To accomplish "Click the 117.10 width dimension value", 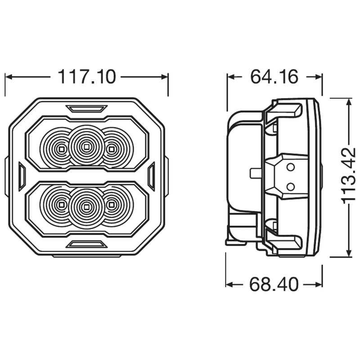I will [x=86, y=77].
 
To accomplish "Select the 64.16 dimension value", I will [x=274, y=77].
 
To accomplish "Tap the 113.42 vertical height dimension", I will [x=349, y=175].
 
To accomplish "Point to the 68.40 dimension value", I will [x=274, y=284].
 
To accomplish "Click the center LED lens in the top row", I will [x=86, y=145].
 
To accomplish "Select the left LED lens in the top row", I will [x=60, y=148].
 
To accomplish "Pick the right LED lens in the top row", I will [x=112, y=148].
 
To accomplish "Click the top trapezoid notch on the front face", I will [x=86, y=108].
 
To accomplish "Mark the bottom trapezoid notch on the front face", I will [x=86, y=244].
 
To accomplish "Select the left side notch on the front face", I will [x=21, y=176].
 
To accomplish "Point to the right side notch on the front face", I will [x=151, y=176].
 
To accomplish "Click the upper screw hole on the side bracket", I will [x=291, y=167].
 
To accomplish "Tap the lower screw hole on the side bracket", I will [x=291, y=186].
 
